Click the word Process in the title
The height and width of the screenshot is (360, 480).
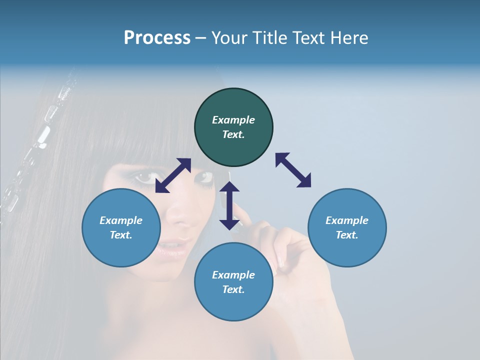pyautogui.click(x=157, y=38)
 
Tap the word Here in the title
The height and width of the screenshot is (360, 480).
pyautogui.click(x=349, y=38)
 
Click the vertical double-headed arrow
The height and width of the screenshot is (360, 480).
pyautogui.click(x=229, y=205)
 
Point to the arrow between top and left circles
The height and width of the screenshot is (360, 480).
pyautogui.click(x=173, y=175)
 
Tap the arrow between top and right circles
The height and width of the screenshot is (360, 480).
pyautogui.click(x=293, y=170)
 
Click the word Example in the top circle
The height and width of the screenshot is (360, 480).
pyautogui.click(x=233, y=120)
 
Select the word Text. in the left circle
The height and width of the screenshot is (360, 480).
pyautogui.click(x=121, y=235)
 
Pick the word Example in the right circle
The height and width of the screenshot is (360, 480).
pyautogui.click(x=347, y=220)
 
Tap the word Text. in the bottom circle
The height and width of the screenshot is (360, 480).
pyautogui.click(x=233, y=289)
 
